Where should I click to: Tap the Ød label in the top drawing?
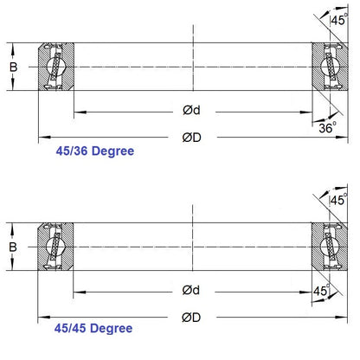tap(192, 112)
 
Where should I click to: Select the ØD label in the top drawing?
tap(192, 137)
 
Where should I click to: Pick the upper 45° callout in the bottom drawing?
tap(339, 200)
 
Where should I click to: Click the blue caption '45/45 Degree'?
tap(92, 329)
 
